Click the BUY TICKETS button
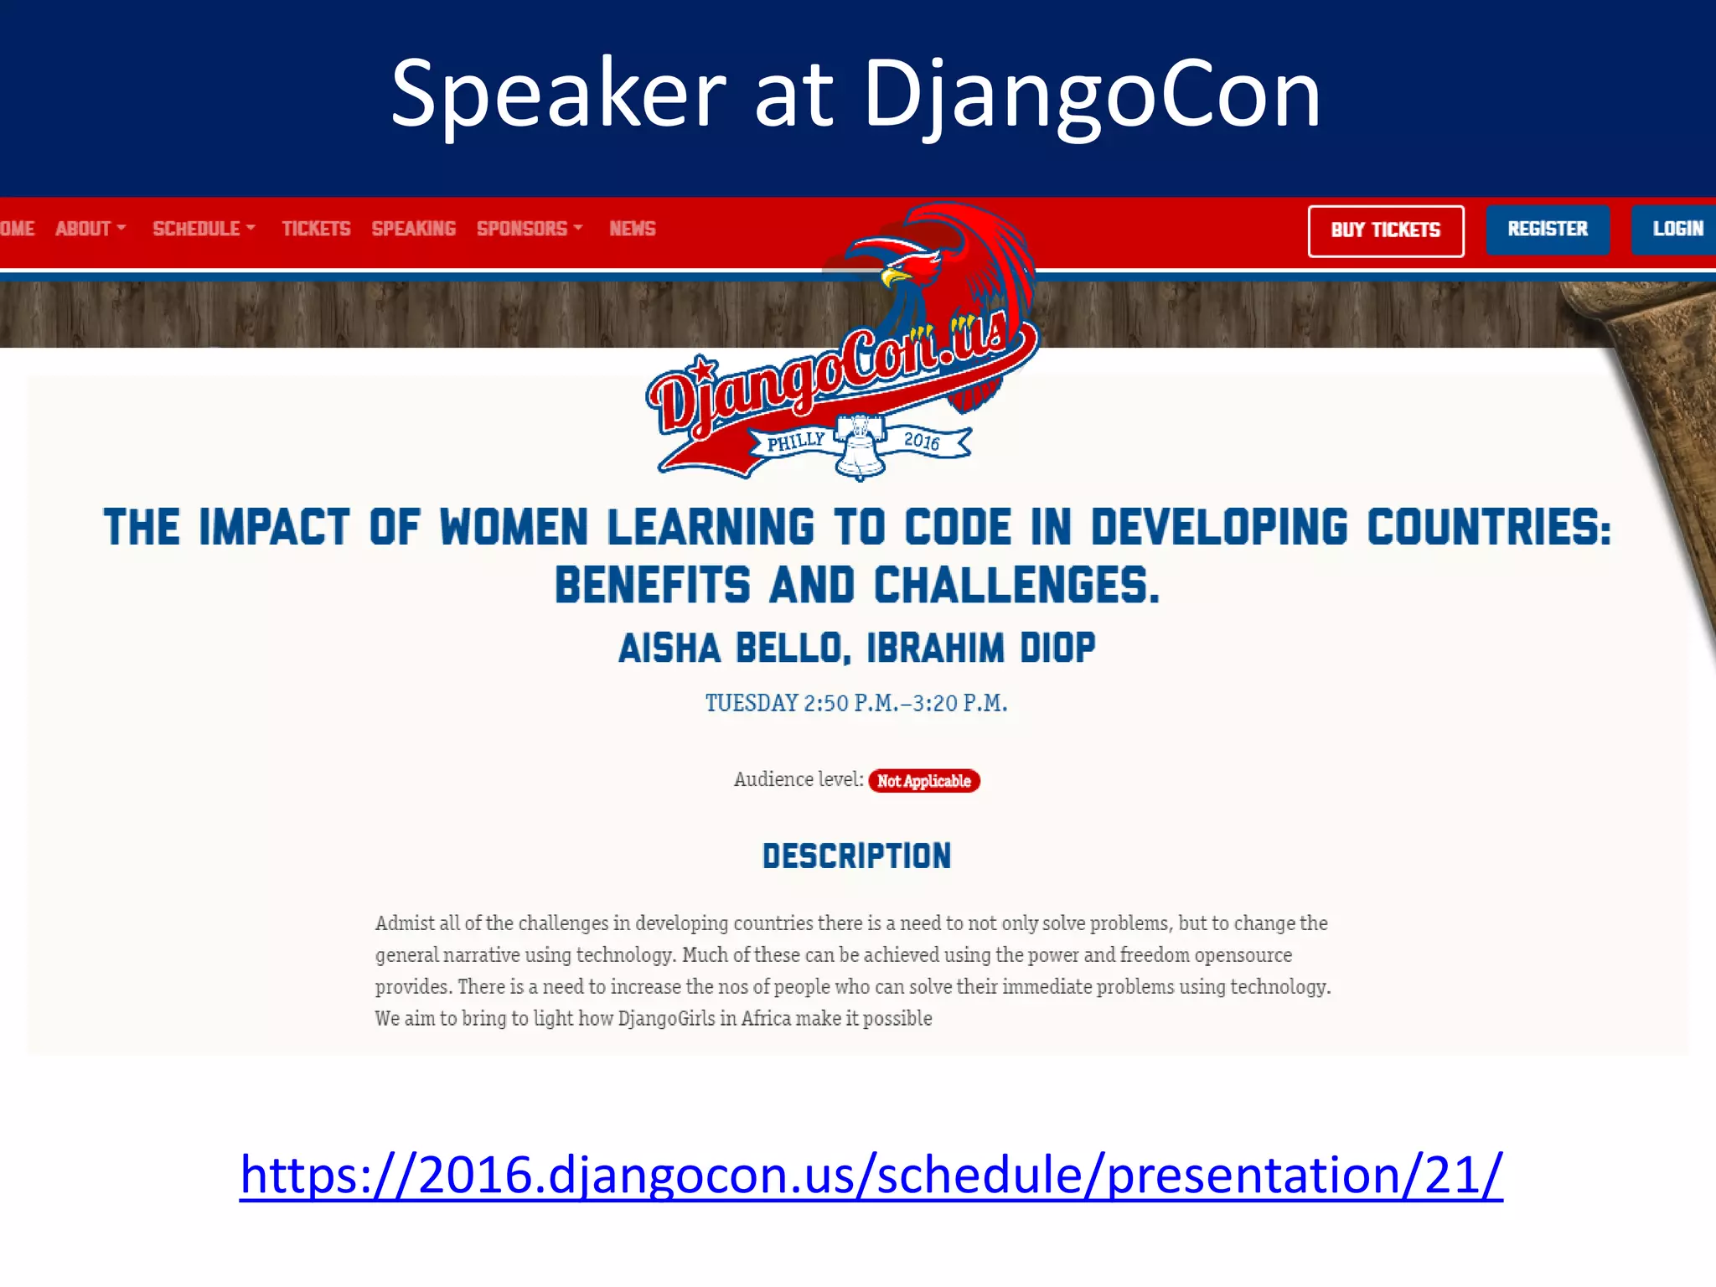click(x=1385, y=230)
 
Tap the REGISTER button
click(x=1547, y=229)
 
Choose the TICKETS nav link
click(x=316, y=229)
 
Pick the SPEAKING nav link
click(x=413, y=229)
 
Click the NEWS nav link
click(x=633, y=229)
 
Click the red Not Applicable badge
click(x=923, y=781)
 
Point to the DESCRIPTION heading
click(x=856, y=856)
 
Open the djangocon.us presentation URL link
click(x=871, y=1175)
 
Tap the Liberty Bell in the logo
click(x=861, y=448)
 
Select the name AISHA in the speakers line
click(x=669, y=649)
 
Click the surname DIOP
click(x=1057, y=649)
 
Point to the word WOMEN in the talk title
click(x=514, y=528)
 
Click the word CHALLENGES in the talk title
click(x=1016, y=585)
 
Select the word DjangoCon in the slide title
click(x=1092, y=94)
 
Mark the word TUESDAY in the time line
click(x=752, y=703)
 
